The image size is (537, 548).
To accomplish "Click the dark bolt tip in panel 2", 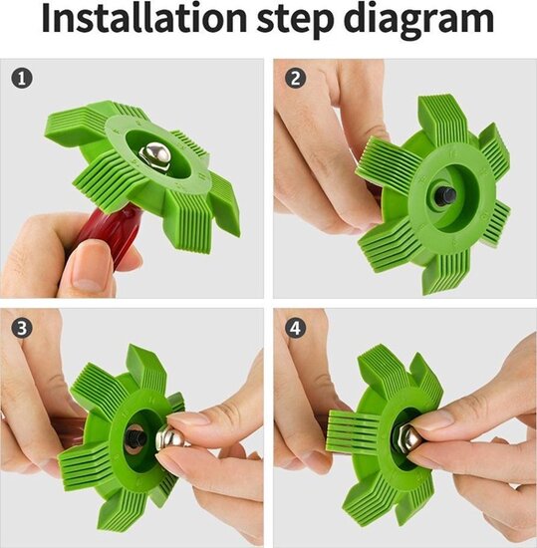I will pos(438,195).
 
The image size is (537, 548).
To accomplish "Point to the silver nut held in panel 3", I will pos(170,438).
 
